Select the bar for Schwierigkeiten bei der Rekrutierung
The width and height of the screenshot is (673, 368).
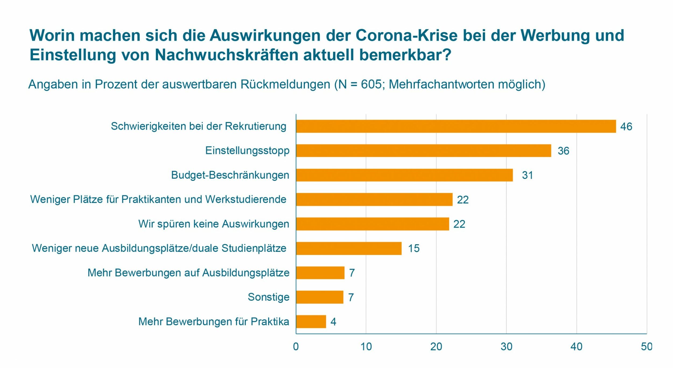456,126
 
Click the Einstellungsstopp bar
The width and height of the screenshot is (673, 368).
423,150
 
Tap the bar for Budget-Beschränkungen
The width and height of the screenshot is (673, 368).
404,175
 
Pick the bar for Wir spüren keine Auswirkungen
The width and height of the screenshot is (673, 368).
372,224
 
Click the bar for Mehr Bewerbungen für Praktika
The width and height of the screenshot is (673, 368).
311,322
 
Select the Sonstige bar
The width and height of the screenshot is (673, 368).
320,297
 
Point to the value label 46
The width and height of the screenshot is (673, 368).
626,127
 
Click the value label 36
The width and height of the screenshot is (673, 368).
563,151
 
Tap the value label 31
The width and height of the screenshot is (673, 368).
527,175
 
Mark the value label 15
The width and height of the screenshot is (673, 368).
414,248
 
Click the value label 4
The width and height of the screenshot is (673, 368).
333,322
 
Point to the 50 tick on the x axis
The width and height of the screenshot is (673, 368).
647,347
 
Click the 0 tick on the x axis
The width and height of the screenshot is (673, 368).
296,347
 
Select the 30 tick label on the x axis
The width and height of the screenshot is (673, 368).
506,347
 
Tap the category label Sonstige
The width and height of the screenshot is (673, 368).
268,297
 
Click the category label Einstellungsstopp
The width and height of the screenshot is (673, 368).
247,150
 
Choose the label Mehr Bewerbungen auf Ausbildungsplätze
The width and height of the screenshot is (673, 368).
188,273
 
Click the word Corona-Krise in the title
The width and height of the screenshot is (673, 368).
406,35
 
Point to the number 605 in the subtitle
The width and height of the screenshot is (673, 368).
371,84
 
